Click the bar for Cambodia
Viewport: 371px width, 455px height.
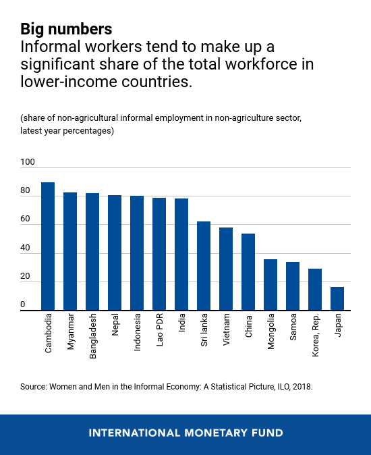pyautogui.click(x=48, y=246)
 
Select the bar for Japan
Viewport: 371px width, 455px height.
pyautogui.click(x=337, y=298)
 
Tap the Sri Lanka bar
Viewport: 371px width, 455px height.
pyautogui.click(x=204, y=266)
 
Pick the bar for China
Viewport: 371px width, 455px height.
pyautogui.click(x=248, y=272)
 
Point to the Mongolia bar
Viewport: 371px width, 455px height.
pyautogui.click(x=270, y=285)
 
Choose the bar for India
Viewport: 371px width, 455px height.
pyautogui.click(x=181, y=255)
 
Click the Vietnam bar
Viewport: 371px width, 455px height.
pyautogui.click(x=226, y=269)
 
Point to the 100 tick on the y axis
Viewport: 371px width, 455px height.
pyautogui.click(x=28, y=162)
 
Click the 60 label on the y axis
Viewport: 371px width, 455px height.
pyautogui.click(x=25, y=219)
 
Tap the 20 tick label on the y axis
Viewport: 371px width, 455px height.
pyautogui.click(x=25, y=276)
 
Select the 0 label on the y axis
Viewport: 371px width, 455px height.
pyautogui.click(x=23, y=304)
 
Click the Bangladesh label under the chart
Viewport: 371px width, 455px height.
pyautogui.click(x=92, y=336)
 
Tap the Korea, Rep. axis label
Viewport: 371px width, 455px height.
pyautogui.click(x=316, y=335)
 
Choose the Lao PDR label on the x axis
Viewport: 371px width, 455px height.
pyautogui.click(x=160, y=330)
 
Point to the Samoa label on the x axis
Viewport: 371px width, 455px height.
pyautogui.click(x=293, y=327)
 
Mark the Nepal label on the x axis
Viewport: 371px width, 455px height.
pyautogui.click(x=115, y=325)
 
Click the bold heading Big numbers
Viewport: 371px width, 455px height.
pyautogui.click(x=66, y=29)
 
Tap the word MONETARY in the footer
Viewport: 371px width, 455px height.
pyautogui.click(x=216, y=433)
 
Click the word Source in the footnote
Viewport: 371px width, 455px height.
pyautogui.click(x=33, y=387)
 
